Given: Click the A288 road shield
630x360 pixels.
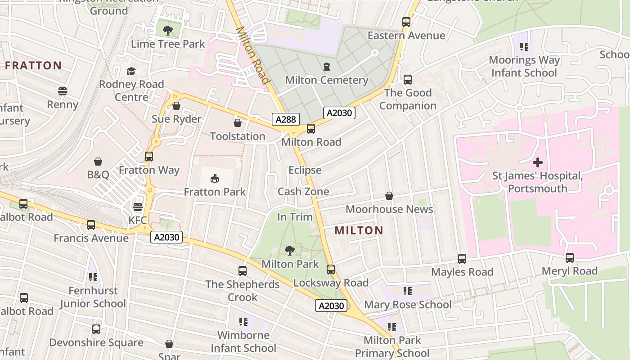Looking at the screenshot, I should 285,119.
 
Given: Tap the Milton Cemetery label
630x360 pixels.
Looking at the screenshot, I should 327,80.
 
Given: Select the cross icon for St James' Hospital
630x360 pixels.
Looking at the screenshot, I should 537,162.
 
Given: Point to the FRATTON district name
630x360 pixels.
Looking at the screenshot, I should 33,66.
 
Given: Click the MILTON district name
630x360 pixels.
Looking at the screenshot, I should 359,231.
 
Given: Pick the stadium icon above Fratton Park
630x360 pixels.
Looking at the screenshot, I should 215,179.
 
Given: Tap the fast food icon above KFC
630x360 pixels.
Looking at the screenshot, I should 138,207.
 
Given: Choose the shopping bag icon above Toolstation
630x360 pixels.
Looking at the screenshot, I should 238,123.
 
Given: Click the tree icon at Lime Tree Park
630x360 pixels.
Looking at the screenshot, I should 168,31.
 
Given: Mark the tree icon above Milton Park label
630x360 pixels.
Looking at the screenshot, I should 290,251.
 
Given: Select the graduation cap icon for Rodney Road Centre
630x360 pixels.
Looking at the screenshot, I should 131,71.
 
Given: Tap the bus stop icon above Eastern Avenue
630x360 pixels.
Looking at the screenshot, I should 406,22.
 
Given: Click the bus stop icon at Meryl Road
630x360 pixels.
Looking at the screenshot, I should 569,258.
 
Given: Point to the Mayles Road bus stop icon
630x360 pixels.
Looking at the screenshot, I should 462,259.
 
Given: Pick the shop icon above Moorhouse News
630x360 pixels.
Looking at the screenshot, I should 389,196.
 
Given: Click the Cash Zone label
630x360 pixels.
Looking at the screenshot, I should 303,192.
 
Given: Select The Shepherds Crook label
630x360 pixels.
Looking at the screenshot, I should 243,291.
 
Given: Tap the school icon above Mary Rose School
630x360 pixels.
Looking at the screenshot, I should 407,291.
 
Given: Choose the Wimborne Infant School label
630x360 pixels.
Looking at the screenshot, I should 243,342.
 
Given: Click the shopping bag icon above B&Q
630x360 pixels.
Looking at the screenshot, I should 98,162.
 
